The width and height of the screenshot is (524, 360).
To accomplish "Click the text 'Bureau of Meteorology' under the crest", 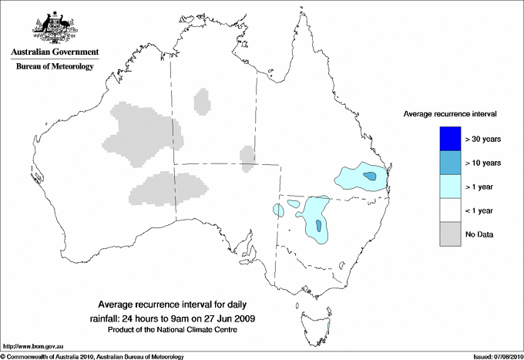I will point(54,67).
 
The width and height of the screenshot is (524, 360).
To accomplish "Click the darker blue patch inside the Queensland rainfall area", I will point(372,177).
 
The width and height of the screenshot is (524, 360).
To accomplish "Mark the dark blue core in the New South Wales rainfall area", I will point(318,226).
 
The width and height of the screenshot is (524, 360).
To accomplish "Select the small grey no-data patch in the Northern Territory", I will point(203,101).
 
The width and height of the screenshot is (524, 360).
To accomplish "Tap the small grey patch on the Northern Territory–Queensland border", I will point(247,155).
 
